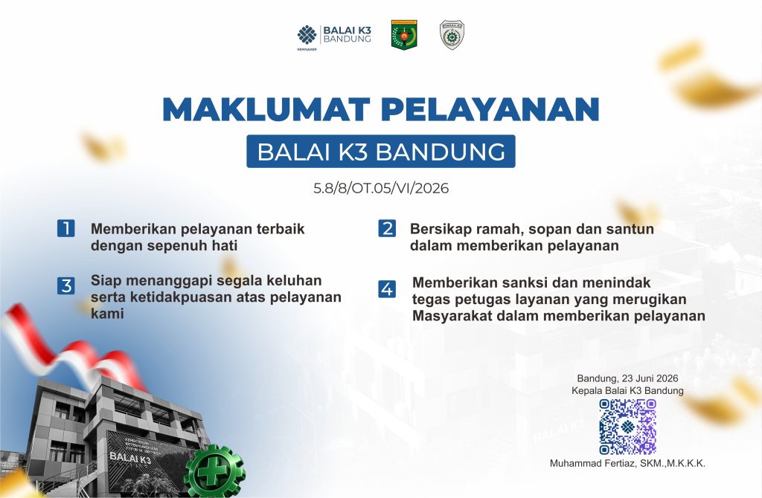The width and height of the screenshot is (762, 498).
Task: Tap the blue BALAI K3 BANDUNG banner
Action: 380,152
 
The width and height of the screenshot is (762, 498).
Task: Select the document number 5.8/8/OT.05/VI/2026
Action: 380,188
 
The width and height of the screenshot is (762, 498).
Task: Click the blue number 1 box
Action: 66,228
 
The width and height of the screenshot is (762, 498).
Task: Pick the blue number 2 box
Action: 387,228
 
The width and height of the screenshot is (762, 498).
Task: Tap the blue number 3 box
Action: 66,285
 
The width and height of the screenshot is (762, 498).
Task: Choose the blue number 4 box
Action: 387,289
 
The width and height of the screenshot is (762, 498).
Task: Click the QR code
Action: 627,427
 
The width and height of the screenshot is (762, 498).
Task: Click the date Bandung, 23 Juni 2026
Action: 627,378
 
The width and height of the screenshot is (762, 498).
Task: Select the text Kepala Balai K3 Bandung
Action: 627,391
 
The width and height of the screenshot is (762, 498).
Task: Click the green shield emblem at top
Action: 404,34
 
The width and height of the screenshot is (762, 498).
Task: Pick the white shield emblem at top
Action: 452,34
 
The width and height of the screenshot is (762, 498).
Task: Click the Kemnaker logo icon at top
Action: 307,35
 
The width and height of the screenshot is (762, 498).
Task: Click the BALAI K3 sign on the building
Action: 129,457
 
